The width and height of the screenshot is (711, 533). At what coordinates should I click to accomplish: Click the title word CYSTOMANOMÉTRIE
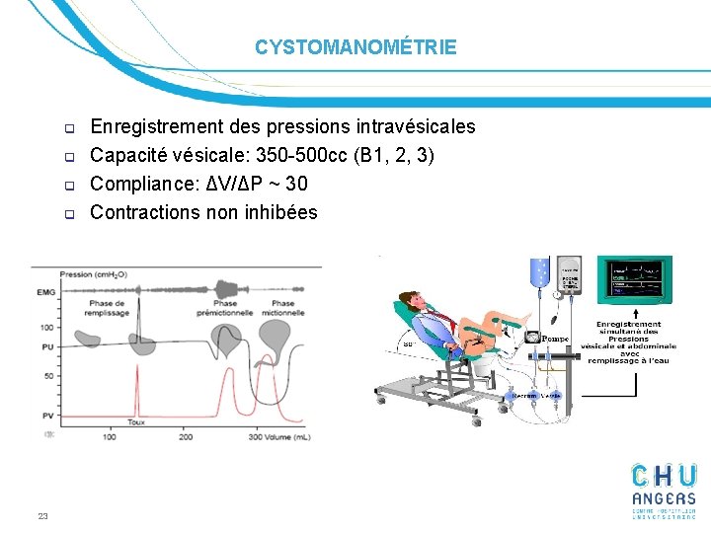pyautogui.click(x=355, y=47)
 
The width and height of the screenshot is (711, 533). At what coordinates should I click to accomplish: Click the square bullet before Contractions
pyautogui.click(x=70, y=213)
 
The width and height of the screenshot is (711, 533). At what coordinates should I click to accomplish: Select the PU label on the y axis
pyautogui.click(x=46, y=346)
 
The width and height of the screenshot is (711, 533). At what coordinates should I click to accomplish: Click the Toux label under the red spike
pyautogui.click(x=137, y=421)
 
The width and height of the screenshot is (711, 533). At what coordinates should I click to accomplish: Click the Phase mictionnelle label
pyautogui.click(x=282, y=309)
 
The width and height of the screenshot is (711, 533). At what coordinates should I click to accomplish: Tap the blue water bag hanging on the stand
pyautogui.click(x=539, y=272)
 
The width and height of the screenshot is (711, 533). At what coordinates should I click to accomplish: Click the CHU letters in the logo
pyautogui.click(x=665, y=476)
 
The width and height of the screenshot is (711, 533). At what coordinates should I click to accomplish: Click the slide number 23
pyautogui.click(x=42, y=515)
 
